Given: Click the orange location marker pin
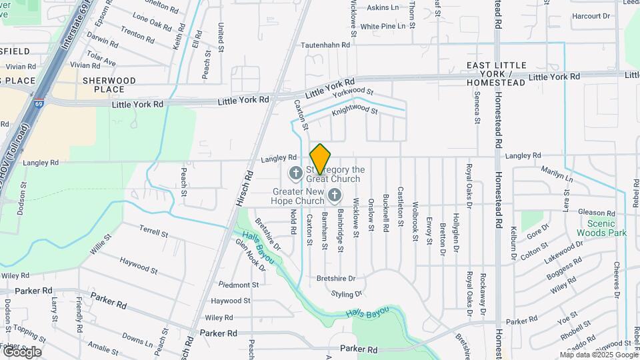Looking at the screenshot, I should [320, 159].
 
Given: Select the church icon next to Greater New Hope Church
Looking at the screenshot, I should [335, 195].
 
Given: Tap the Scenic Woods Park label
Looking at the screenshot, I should [607, 229].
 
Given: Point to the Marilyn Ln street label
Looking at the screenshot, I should [557, 175].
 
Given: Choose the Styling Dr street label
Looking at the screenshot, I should [348, 293].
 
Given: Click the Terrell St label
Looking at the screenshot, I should [154, 231].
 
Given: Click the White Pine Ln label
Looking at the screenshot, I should [383, 27].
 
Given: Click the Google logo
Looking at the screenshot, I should [21, 352].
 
